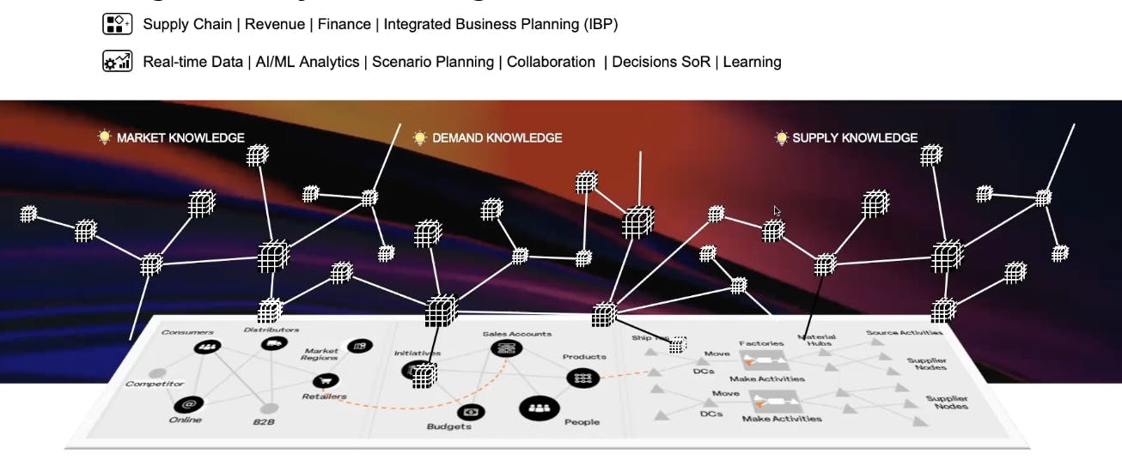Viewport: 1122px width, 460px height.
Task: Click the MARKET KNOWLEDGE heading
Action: click(180, 137)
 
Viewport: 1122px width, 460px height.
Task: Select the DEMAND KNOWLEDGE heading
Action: click(497, 137)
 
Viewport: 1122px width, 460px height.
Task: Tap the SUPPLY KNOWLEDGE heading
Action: click(855, 137)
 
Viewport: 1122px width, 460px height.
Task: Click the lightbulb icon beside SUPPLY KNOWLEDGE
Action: click(781, 137)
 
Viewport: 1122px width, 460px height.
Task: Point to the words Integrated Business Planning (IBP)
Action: click(500, 24)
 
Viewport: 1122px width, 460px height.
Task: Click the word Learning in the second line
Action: click(752, 62)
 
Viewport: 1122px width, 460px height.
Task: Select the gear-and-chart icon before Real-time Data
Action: click(117, 61)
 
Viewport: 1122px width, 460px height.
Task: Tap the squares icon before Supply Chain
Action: click(117, 23)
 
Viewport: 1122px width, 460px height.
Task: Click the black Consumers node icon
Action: click(206, 347)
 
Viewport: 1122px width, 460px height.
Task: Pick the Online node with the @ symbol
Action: click(188, 403)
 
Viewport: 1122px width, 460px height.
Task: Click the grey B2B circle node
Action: click(269, 409)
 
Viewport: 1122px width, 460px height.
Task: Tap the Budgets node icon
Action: click(471, 412)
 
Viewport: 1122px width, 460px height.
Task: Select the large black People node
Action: click(539, 409)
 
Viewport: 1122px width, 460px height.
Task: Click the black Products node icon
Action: click(582, 377)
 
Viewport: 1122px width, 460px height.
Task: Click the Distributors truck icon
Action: click(272, 343)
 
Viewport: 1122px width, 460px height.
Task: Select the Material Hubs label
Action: click(815, 341)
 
